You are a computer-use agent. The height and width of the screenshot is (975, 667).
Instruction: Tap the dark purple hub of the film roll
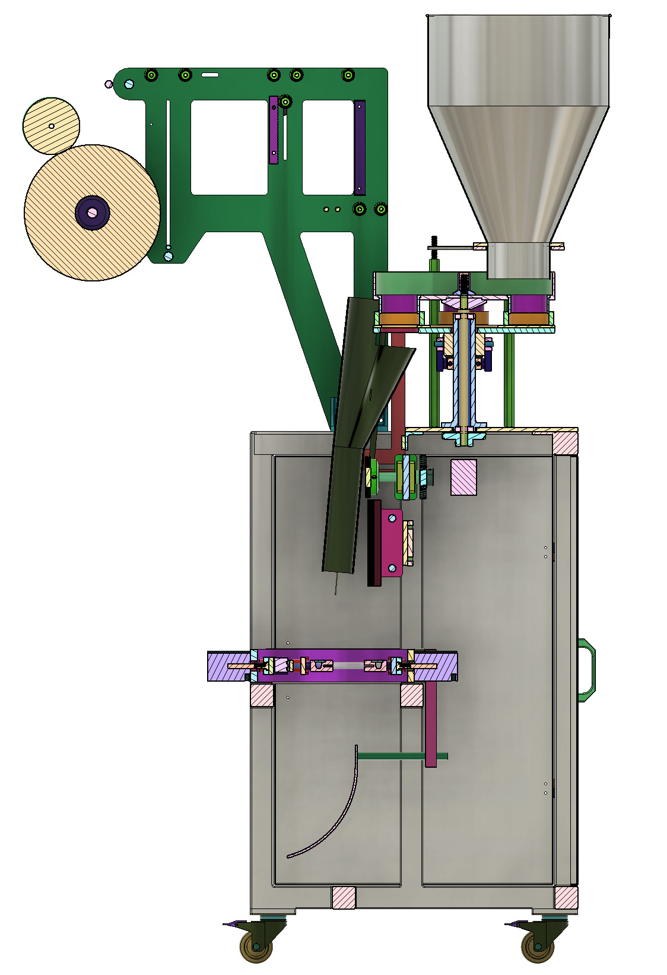click(x=92, y=212)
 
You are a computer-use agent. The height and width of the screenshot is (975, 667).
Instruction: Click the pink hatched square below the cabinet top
click(x=463, y=477)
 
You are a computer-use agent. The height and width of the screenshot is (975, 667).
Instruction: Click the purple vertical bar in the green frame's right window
click(x=360, y=147)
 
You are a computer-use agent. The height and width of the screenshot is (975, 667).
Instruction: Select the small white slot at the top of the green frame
click(x=210, y=75)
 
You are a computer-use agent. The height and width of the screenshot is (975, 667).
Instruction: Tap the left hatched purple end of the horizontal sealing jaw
click(x=225, y=666)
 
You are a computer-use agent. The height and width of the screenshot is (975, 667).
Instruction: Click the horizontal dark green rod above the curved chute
click(x=392, y=756)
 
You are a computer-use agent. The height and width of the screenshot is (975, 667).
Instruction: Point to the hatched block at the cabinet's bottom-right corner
click(x=566, y=897)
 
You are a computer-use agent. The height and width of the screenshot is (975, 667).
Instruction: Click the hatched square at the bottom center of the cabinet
click(x=344, y=897)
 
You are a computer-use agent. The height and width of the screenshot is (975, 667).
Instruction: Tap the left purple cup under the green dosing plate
click(x=399, y=304)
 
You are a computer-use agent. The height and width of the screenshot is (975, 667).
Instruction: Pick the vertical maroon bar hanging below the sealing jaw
click(x=431, y=724)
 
